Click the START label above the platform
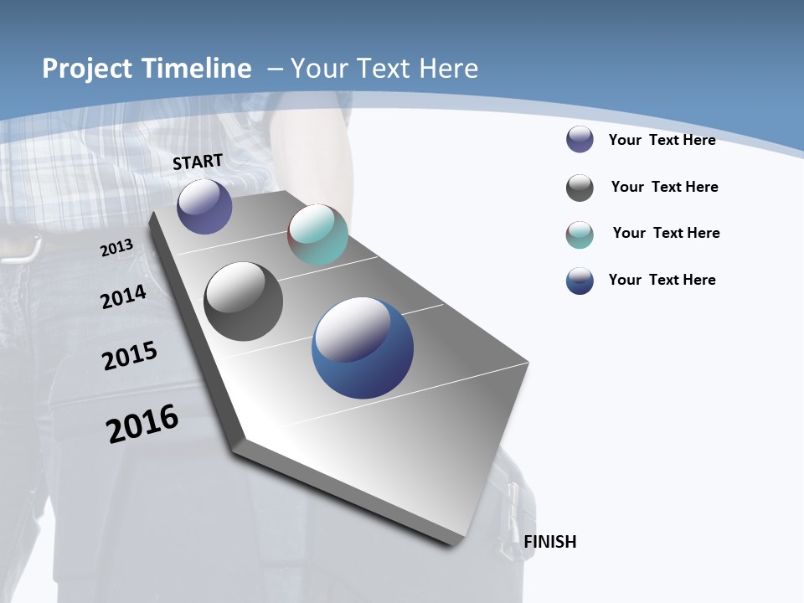tap(198, 162)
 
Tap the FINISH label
tap(550, 542)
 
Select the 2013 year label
tap(116, 248)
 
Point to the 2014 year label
tap(123, 296)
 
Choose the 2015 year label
tap(130, 355)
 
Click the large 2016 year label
tap(142, 424)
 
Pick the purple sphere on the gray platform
tap(204, 207)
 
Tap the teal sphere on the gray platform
tap(317, 234)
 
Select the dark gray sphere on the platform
tap(244, 301)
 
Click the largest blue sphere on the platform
tap(363, 348)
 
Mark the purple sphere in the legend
tap(580, 139)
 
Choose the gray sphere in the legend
tap(580, 188)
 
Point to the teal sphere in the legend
tap(580, 234)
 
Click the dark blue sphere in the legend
tap(580, 281)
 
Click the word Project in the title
tap(86, 69)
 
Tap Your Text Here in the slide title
tap(384, 69)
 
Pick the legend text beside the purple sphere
tap(662, 140)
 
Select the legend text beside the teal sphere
tap(666, 233)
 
